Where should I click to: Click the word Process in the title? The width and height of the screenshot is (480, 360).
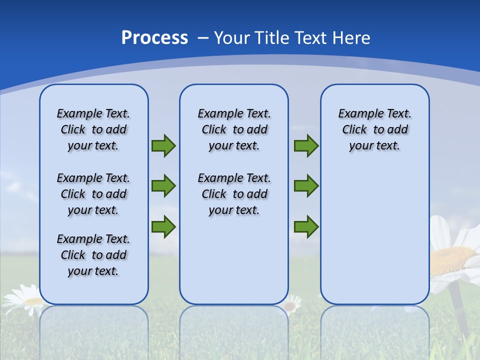[154, 37]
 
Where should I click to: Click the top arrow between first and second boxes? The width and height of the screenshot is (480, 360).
[163, 145]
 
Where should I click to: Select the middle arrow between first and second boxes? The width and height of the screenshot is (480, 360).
[163, 186]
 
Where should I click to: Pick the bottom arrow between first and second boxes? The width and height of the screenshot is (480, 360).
[163, 226]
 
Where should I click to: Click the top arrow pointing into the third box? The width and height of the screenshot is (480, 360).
[306, 145]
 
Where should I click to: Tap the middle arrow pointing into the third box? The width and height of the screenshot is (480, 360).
[306, 186]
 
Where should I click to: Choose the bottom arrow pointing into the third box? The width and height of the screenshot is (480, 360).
[306, 226]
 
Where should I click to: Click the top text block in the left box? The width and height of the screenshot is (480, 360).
[93, 129]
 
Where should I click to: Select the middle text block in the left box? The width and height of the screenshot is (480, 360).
[93, 194]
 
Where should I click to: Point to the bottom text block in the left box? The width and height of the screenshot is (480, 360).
[93, 255]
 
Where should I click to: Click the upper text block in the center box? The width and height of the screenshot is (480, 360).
[234, 129]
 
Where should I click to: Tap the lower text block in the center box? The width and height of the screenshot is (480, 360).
[234, 194]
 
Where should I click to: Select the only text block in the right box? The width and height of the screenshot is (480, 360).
[374, 129]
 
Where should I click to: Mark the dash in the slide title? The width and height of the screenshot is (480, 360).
[203, 38]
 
